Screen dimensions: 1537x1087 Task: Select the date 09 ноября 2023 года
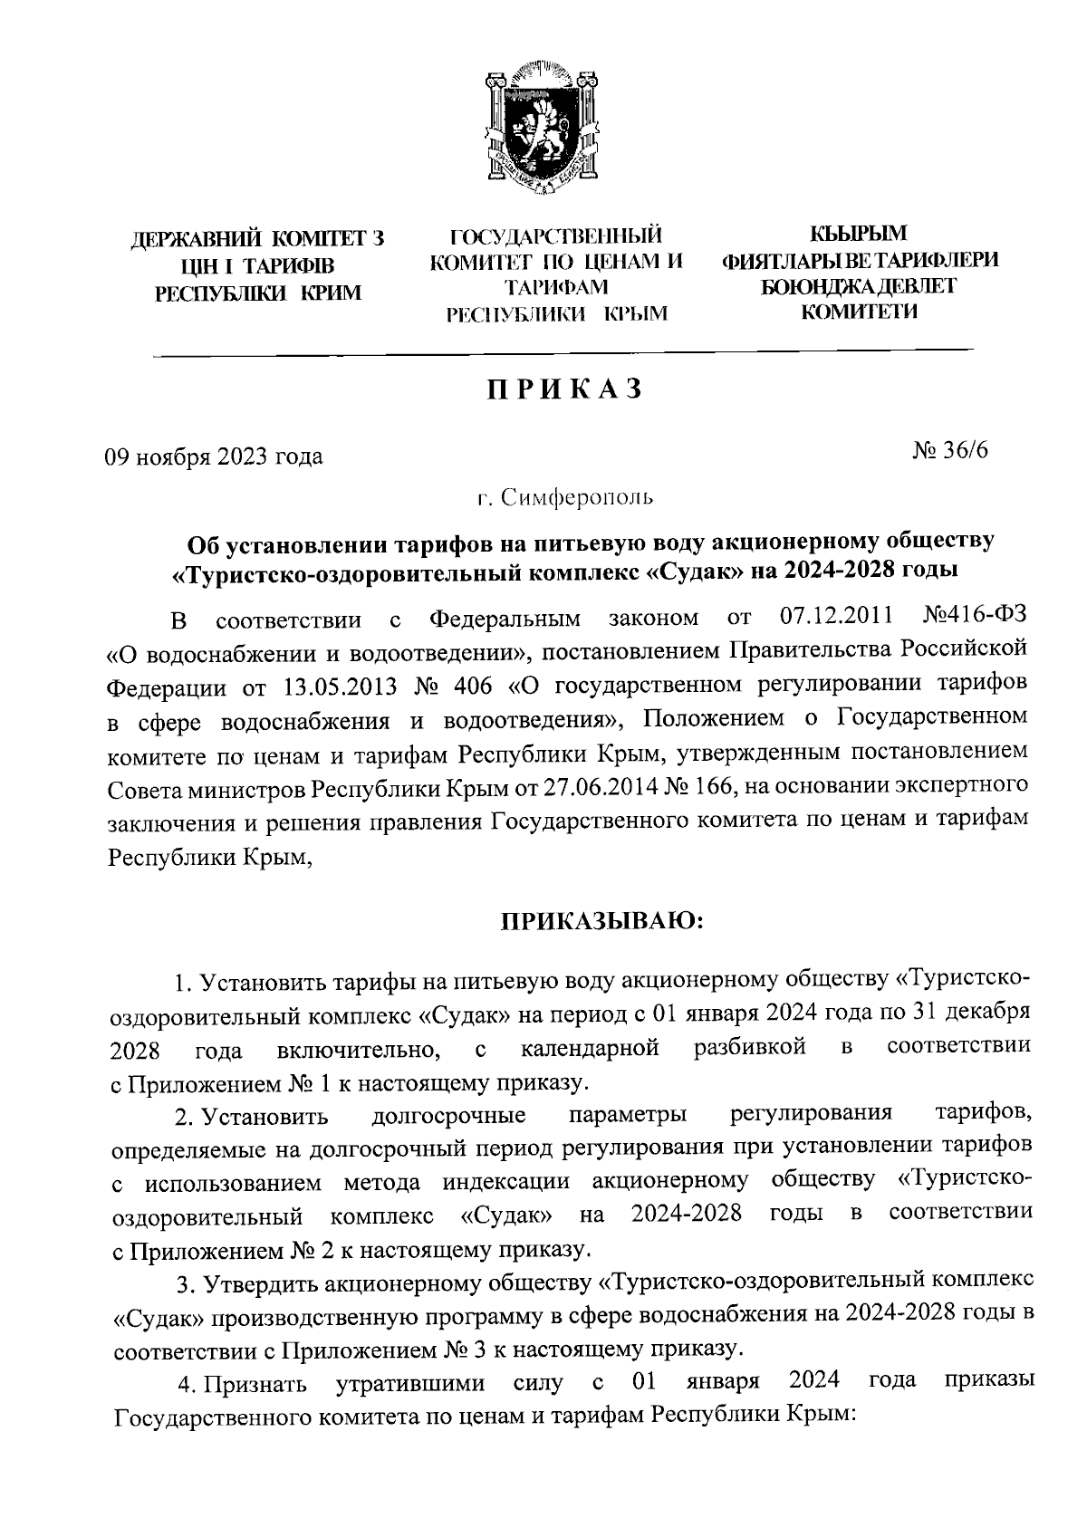click(x=215, y=456)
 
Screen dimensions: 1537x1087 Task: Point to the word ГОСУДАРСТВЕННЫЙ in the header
click(x=556, y=237)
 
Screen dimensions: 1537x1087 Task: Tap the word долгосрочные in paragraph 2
click(x=449, y=1114)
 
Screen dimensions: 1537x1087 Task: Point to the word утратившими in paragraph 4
click(x=409, y=1385)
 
